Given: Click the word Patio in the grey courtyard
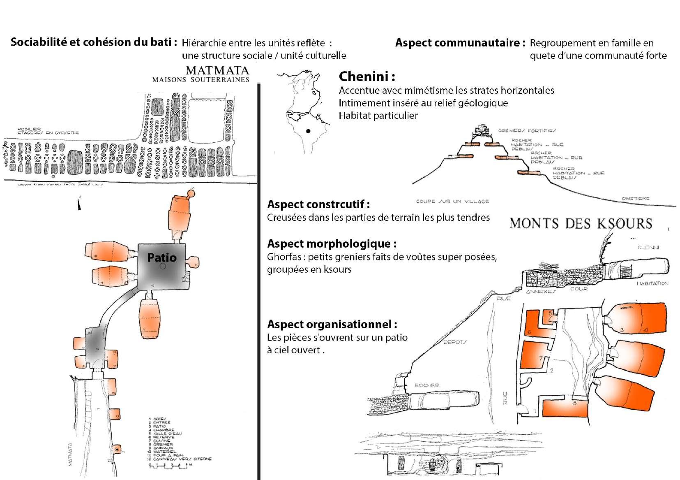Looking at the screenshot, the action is click(162, 258).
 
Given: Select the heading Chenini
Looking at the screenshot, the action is click(367, 77).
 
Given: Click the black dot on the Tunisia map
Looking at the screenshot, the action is click(308, 132).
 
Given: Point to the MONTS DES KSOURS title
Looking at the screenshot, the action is click(581, 223).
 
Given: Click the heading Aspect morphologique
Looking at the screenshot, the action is click(332, 243).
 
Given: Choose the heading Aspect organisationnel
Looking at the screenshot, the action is click(332, 324).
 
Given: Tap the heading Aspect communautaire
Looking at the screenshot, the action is click(460, 43).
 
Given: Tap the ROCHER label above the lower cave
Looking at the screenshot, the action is click(427, 385).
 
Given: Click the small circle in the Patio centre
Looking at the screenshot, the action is click(163, 267).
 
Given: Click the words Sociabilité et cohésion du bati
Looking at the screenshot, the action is click(94, 43).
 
